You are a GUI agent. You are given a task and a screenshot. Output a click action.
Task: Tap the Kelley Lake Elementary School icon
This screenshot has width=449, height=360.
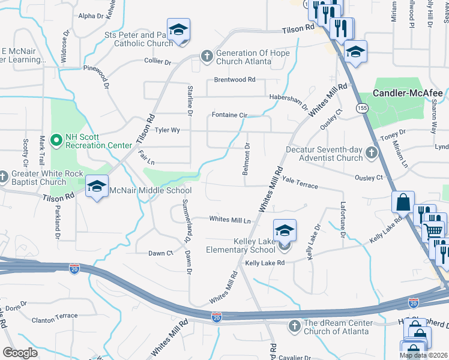pyautogui.click(x=285, y=230)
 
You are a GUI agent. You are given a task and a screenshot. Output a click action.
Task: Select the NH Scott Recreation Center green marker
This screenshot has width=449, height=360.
pyautogui.click(x=56, y=141)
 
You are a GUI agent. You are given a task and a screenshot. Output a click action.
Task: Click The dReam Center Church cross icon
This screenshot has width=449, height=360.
pyautogui.click(x=294, y=325)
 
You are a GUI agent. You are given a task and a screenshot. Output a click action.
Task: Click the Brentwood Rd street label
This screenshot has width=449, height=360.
pyautogui.click(x=235, y=80)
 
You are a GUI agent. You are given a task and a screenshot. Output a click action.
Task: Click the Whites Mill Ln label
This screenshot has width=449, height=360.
pyautogui.click(x=229, y=220)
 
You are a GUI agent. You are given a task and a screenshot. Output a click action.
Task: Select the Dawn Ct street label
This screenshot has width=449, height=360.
pyautogui.click(x=161, y=254)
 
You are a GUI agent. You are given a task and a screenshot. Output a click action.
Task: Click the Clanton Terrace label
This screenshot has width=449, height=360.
pyautogui.click(x=55, y=316)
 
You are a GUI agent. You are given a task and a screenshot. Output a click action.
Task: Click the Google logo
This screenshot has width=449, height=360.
pyautogui.click(x=20, y=353)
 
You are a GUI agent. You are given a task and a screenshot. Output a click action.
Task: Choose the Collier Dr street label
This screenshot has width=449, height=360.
pyautogui.click(x=157, y=61)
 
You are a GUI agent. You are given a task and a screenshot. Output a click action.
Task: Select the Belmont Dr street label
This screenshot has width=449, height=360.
pyautogui.click(x=246, y=159)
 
